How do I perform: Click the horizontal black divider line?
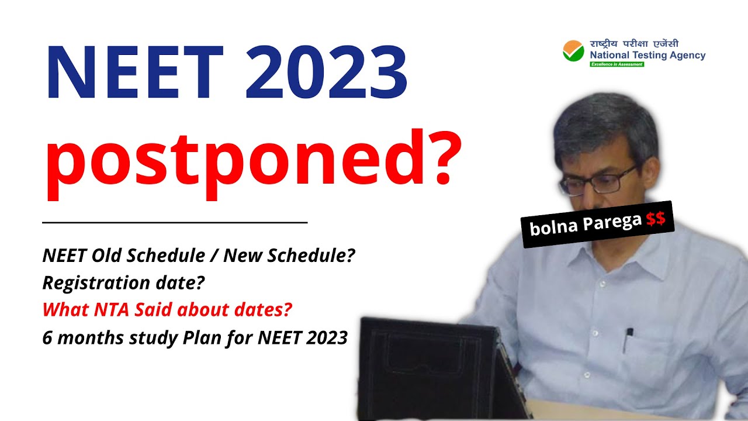click(x=175, y=223)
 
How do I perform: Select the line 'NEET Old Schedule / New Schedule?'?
click(x=199, y=256)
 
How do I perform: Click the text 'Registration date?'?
click(x=123, y=283)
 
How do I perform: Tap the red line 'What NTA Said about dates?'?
click(x=167, y=310)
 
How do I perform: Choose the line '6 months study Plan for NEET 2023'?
click(x=195, y=338)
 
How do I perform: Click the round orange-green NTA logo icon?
click(x=573, y=51)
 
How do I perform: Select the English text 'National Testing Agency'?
click(x=647, y=56)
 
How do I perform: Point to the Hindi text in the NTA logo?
click(x=634, y=44)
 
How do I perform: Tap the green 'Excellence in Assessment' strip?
click(x=617, y=64)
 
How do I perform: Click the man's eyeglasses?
click(x=599, y=181)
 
